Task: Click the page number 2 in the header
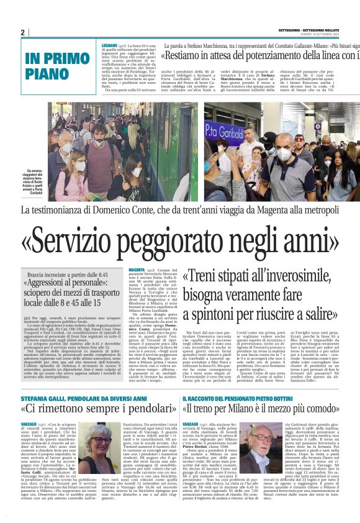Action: point(22,32)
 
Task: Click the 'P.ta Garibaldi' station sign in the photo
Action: point(225,130)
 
